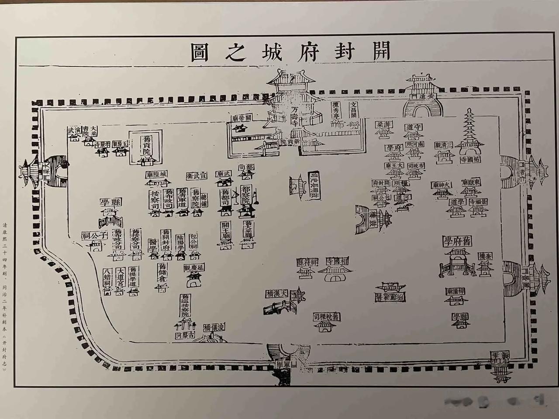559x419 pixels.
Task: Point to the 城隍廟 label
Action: [156, 175]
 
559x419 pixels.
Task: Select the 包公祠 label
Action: [193, 241]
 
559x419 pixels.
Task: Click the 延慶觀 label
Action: [194, 268]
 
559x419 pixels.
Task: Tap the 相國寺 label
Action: [337, 261]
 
